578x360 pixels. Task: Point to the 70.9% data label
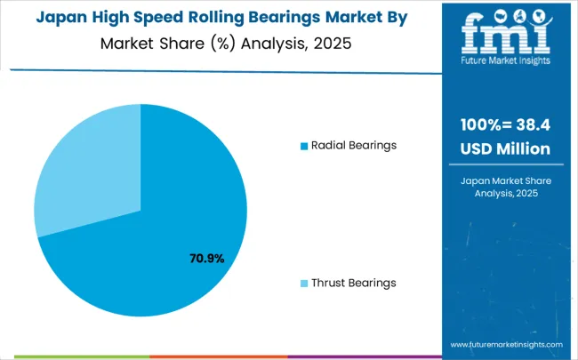206,259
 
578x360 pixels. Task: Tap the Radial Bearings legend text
352,145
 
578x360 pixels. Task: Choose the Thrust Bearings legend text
353,283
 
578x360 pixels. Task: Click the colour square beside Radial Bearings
304,146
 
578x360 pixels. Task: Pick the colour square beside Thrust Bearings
304,283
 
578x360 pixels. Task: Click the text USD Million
505,148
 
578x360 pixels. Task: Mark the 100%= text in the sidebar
486,125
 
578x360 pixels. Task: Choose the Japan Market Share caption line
505,180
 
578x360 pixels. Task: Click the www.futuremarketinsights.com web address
506,343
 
